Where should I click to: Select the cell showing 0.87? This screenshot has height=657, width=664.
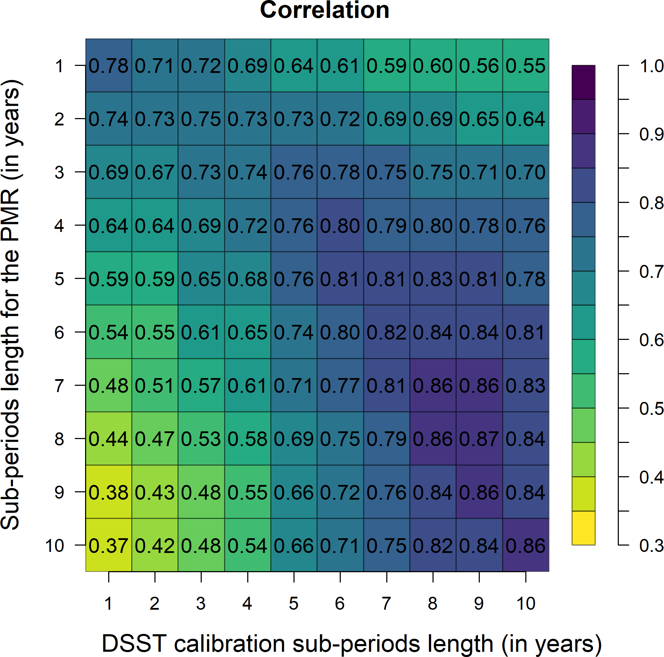pos(479,439)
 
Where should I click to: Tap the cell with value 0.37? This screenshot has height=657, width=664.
pos(109,545)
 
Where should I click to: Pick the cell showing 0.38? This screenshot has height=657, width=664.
pos(109,492)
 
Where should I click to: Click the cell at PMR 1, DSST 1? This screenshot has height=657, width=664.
pos(109,66)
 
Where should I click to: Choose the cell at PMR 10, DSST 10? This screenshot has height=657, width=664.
pos(525,545)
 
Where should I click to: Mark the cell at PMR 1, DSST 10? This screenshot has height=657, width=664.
pos(525,66)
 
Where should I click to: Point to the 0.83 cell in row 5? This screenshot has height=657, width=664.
pos(433,279)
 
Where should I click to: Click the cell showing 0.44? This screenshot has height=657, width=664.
pos(109,439)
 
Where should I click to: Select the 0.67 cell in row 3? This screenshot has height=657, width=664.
pos(154,172)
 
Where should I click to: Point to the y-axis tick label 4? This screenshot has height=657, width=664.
pos(59,226)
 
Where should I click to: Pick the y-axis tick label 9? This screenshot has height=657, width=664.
pos(59,492)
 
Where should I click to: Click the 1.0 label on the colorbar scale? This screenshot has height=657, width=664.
pos(651,66)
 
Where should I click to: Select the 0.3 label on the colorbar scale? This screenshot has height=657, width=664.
pos(651,546)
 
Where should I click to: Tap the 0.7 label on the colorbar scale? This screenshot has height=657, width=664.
pos(651,272)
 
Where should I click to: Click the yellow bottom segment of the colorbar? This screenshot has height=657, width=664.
pos(583,528)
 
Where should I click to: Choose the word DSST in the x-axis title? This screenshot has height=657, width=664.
pos(134,643)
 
